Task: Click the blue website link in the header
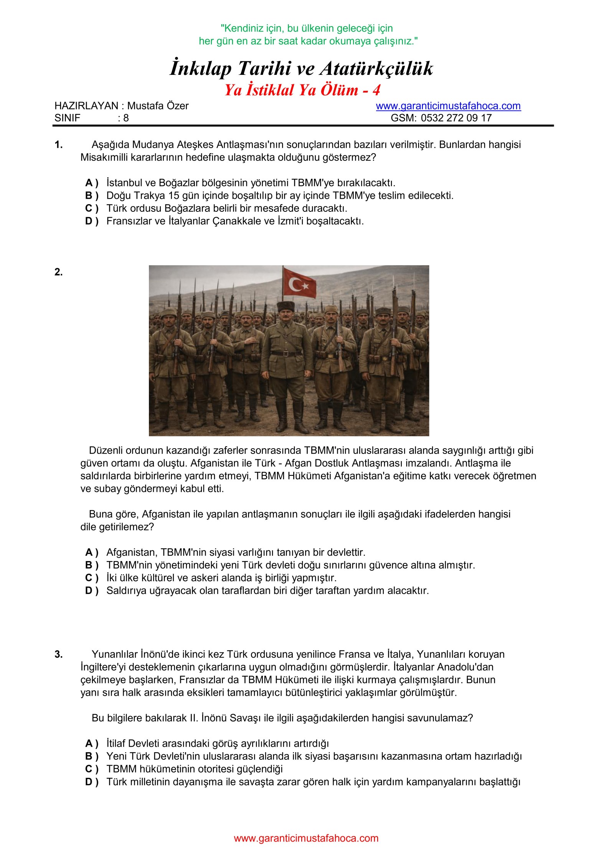(448, 106)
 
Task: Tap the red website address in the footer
(306, 838)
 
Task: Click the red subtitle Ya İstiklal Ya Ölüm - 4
(302, 90)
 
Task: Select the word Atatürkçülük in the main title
(376, 69)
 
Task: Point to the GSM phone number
(456, 118)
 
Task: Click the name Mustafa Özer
(158, 106)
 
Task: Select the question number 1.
(58, 145)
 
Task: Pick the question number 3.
(58, 654)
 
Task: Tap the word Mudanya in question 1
(155, 145)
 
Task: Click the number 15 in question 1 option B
(174, 196)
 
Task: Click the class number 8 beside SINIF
(126, 118)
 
